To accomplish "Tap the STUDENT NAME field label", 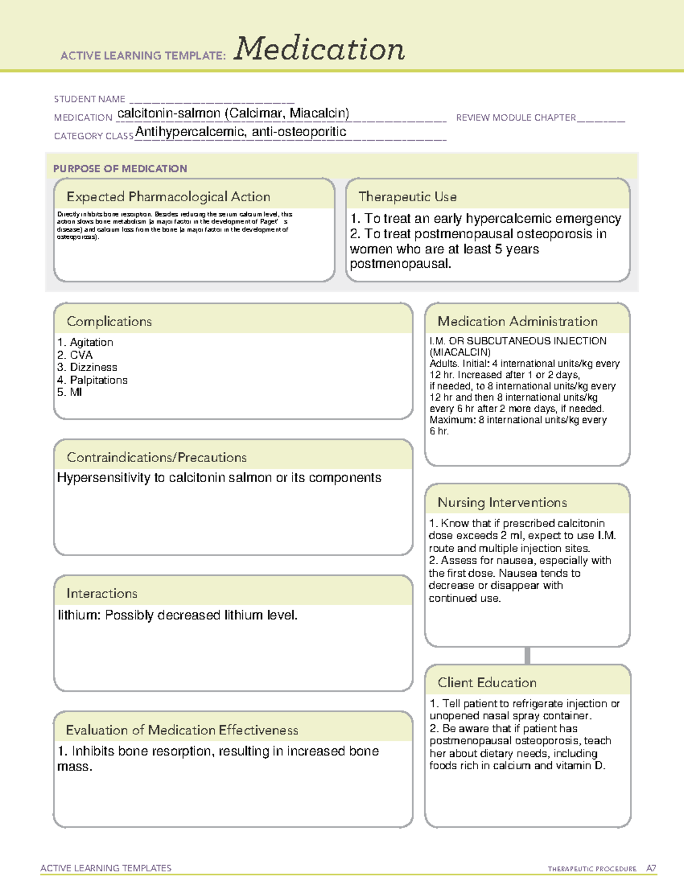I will [x=89, y=99].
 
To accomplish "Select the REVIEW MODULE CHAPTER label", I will [x=516, y=117].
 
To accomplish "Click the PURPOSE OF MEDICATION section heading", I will [x=120, y=169].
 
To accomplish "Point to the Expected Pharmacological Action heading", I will [x=168, y=197].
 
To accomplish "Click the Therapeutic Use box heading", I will [x=408, y=197].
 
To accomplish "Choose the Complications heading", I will [x=109, y=321].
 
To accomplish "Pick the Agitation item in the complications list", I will [x=91, y=342].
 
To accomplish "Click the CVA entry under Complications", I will [x=81, y=354].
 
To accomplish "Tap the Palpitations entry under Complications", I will [x=99, y=380].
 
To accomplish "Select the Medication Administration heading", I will [x=518, y=321].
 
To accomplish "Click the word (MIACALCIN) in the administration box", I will [x=460, y=352].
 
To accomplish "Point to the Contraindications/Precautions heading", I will [x=157, y=458].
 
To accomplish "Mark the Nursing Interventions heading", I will [x=502, y=503].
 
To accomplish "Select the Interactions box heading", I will [x=102, y=594].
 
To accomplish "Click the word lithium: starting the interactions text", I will [x=79, y=615].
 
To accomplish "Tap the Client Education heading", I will [x=487, y=683].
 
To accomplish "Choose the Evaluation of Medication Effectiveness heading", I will [x=182, y=730].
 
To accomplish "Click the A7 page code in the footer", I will [x=651, y=868].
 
